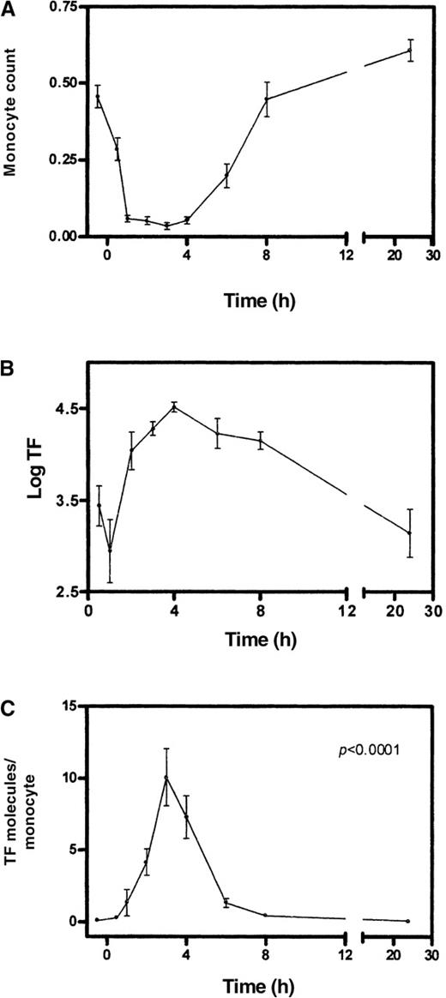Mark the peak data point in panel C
(x=166, y=778)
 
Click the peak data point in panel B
(x=174, y=406)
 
